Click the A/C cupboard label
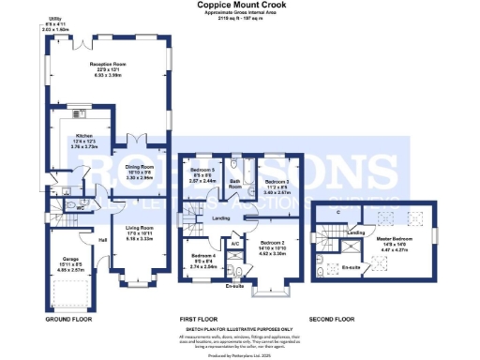(235, 243)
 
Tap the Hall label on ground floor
(103, 238)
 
